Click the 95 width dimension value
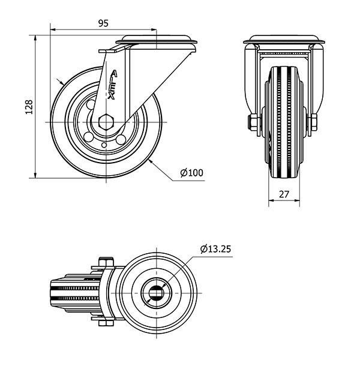coord(103,23)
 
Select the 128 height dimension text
coord(28,107)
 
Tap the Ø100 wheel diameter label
coord(192,173)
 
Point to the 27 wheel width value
coord(284,194)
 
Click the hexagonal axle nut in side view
coord(106,122)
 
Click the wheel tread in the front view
coord(284,120)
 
